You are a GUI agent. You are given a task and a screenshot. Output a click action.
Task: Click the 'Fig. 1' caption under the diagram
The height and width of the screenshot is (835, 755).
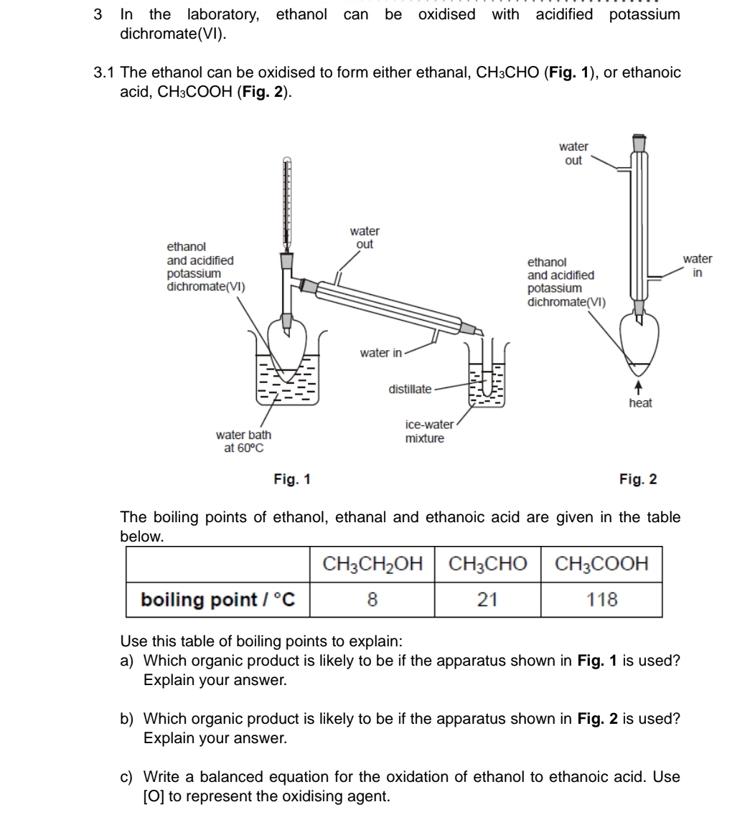click(x=292, y=479)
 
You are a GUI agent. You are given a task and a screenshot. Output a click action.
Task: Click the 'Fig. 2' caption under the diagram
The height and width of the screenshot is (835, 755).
click(x=638, y=479)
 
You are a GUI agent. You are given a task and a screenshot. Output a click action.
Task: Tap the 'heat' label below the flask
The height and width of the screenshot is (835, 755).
click(x=640, y=403)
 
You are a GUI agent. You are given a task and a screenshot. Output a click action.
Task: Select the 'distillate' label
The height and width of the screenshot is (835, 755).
click(x=410, y=390)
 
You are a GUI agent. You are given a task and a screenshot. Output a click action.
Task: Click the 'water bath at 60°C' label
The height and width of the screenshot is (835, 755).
click(x=243, y=441)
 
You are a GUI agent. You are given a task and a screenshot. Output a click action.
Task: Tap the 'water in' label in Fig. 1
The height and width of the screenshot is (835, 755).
click(x=380, y=352)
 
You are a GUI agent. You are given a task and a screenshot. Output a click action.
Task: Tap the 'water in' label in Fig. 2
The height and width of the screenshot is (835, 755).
click(x=697, y=265)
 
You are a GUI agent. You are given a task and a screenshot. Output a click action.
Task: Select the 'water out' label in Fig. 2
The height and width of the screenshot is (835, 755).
click(x=573, y=154)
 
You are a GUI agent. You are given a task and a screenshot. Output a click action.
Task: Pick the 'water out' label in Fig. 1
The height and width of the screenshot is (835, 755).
click(x=365, y=237)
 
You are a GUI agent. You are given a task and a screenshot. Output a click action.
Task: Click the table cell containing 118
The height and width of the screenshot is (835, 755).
click(x=601, y=600)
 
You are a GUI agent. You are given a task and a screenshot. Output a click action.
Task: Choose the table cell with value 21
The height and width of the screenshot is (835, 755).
click(x=487, y=600)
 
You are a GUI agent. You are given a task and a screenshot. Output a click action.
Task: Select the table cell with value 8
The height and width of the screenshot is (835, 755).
click(x=372, y=600)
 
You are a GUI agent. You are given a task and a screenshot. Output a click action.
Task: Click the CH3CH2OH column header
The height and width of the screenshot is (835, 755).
click(x=372, y=565)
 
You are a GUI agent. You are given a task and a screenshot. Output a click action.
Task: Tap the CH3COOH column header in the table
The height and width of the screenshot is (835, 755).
click(x=601, y=565)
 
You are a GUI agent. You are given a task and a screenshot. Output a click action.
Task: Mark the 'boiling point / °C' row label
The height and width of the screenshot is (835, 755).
click(x=218, y=600)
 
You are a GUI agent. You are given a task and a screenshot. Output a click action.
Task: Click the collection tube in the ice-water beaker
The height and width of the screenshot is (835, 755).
click(x=488, y=377)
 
